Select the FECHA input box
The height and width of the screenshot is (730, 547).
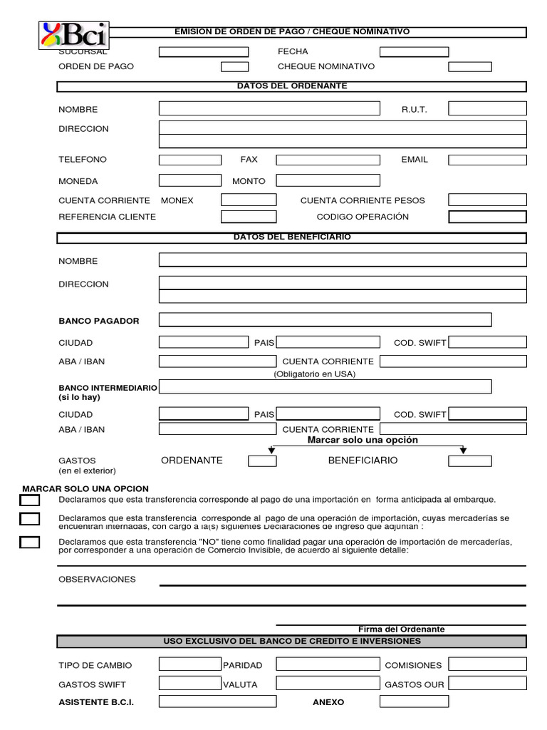[414, 52]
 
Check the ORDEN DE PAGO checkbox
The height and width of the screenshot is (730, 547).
[234, 67]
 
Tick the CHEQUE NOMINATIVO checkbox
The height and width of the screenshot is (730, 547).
[469, 67]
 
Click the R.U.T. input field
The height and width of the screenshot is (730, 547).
[487, 109]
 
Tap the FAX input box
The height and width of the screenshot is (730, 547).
[328, 160]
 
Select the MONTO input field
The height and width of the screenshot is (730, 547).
[328, 181]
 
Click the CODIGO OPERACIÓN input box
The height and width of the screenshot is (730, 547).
[487, 217]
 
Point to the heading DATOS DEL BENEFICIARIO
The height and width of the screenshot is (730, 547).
[292, 237]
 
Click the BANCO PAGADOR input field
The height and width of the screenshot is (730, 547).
[325, 319]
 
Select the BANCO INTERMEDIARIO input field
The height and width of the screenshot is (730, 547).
[325, 386]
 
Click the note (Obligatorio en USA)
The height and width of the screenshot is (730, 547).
[314, 374]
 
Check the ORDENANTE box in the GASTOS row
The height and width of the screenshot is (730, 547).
[262, 461]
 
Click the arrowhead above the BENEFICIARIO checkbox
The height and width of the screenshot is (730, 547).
[463, 450]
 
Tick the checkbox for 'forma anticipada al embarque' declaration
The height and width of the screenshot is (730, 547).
[29, 500]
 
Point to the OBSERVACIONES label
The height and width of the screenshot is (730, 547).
[97, 580]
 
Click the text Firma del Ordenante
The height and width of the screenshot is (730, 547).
[401, 629]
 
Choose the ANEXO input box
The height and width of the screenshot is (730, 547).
[414, 702]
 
